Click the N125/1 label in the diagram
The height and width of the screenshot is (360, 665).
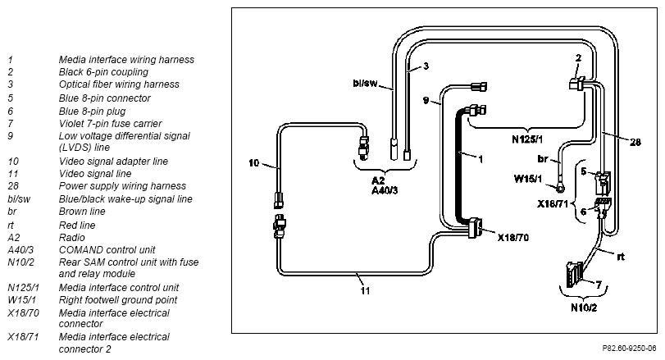point(526,139)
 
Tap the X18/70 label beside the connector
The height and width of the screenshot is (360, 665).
point(513,238)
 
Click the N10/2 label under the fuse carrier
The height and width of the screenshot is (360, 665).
point(584,308)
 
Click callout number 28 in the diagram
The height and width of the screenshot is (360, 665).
point(635,142)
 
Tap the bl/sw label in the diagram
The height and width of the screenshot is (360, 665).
point(365,83)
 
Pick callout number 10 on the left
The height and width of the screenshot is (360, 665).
point(253,163)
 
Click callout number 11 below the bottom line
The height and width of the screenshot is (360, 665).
point(365,291)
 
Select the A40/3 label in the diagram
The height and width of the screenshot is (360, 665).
point(385,190)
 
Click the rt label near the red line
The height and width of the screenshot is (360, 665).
point(621,257)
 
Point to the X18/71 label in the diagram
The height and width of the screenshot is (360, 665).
point(552,204)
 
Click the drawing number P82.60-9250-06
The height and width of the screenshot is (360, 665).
point(629,349)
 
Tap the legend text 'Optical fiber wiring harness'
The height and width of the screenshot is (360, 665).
point(119,84)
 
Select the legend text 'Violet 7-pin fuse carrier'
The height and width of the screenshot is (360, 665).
point(110,124)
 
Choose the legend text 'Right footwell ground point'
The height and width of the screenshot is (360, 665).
point(118,300)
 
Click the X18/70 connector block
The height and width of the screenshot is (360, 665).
point(474,228)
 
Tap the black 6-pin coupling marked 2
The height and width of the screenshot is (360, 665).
point(577,84)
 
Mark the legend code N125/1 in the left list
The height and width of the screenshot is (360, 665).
point(23,288)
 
